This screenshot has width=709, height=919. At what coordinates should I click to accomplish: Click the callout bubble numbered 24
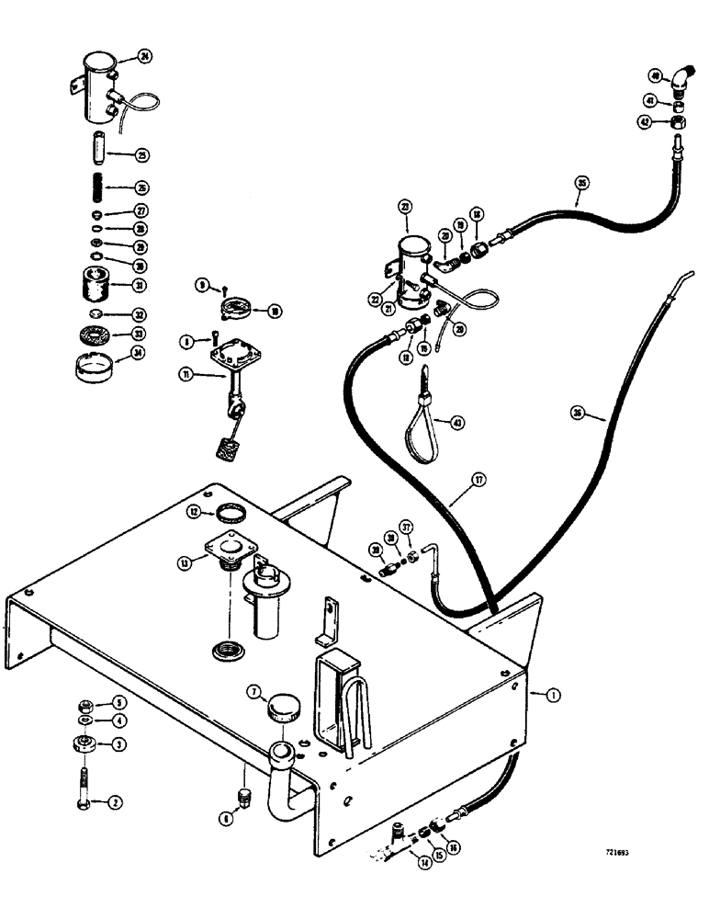(x=143, y=56)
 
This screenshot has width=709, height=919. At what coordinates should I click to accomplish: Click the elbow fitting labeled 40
(x=681, y=83)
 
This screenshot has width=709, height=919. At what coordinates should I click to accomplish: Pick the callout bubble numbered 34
(x=140, y=352)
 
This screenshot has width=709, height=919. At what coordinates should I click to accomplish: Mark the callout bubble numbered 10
(x=273, y=312)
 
